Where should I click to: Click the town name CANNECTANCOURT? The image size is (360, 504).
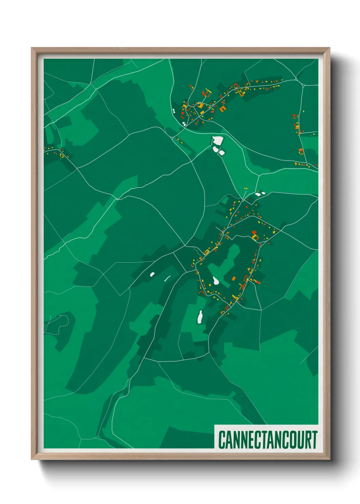pos(267,439)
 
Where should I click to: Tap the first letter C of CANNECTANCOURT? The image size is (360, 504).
pos(222,440)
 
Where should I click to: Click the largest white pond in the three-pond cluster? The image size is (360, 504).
pos(218,140)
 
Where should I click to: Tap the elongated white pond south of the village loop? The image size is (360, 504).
pos(200,316)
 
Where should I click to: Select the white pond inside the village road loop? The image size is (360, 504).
pos(216,281)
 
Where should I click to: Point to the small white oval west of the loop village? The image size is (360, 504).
pos(152,273)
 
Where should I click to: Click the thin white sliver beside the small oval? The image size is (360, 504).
pos(167,278)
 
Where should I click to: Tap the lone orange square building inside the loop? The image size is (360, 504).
pos(234,279)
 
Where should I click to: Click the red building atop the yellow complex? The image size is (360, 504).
pos(254,232)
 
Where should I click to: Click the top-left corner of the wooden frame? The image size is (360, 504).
pos(32,48)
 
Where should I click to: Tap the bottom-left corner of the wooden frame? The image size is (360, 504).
pos(32,459)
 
